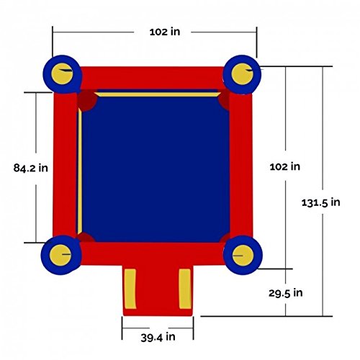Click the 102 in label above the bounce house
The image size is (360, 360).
tap(165, 32)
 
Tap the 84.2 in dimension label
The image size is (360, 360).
tap(31, 168)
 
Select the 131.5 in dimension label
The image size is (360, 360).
tap(321, 202)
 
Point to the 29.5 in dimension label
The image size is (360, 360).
tap(286, 293)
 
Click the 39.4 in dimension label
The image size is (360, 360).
tap(158, 337)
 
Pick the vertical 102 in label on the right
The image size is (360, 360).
tap(285, 166)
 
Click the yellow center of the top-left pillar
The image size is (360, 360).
tap(62, 73)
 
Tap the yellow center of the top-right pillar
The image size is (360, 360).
tap(242, 73)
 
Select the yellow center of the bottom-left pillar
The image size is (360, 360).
tap(60, 255)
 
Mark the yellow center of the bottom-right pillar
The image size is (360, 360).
tap(243, 256)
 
